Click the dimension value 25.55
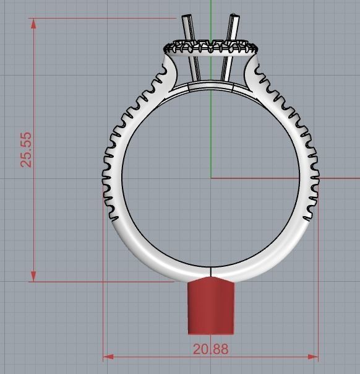(26, 149)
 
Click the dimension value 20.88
(210, 349)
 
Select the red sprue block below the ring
(211, 306)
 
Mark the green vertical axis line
(211, 124)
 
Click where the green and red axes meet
(211, 178)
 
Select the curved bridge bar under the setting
(210, 87)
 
